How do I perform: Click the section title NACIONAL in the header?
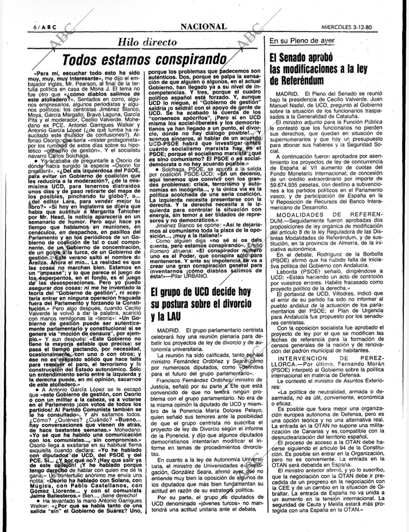(204, 26)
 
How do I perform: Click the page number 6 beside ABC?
(35, 27)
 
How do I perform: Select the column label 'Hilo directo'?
(147, 42)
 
